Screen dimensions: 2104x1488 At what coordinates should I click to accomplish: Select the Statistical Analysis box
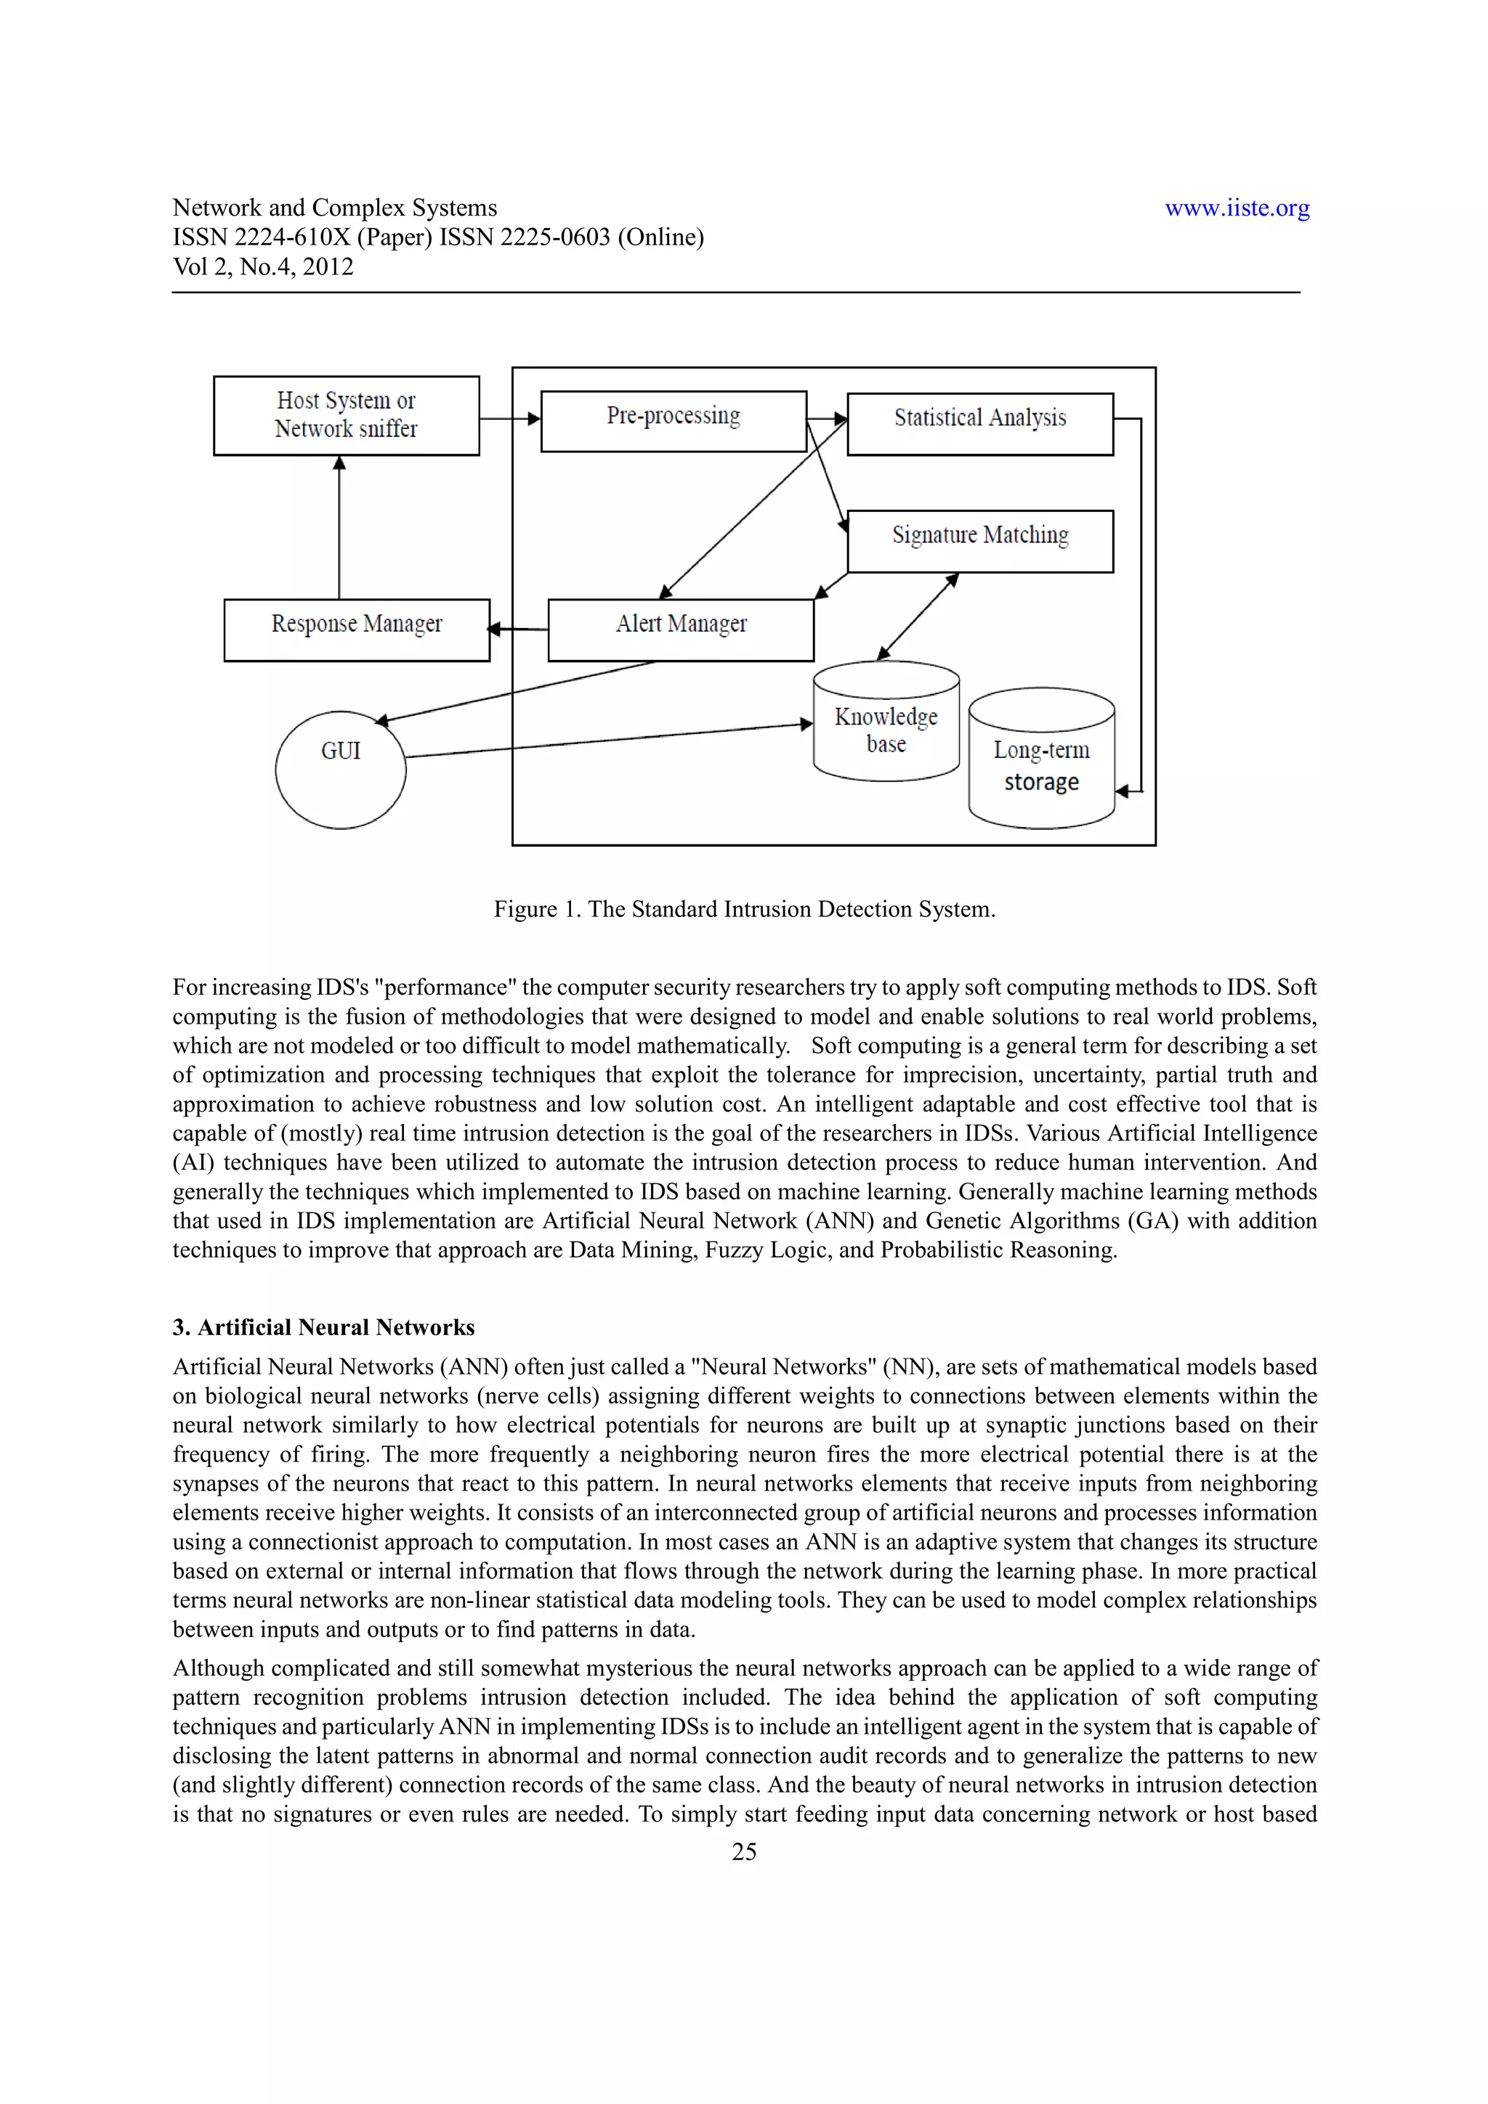coord(979,423)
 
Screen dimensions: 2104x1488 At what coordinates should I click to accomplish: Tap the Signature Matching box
coord(979,541)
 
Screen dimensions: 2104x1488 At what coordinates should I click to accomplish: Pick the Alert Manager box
coord(680,629)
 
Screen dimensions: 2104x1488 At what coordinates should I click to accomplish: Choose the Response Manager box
coord(357,629)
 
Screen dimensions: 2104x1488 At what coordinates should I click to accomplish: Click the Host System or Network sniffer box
coord(346,415)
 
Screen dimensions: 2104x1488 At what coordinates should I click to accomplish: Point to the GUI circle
coord(340,769)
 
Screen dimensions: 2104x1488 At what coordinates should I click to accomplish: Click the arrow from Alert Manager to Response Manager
coord(519,629)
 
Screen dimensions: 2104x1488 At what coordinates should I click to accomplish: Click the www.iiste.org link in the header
coord(1237,208)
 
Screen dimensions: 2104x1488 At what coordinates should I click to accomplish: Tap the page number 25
coord(743,1851)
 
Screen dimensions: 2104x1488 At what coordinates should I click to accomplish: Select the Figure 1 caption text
coord(743,909)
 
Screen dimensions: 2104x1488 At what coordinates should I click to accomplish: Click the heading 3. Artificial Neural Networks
coord(323,1327)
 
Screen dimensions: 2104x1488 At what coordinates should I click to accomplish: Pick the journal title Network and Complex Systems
coord(335,208)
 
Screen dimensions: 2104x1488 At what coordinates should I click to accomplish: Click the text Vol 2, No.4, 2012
coord(263,266)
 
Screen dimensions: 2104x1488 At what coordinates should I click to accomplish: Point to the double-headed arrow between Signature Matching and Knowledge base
coord(918,616)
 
